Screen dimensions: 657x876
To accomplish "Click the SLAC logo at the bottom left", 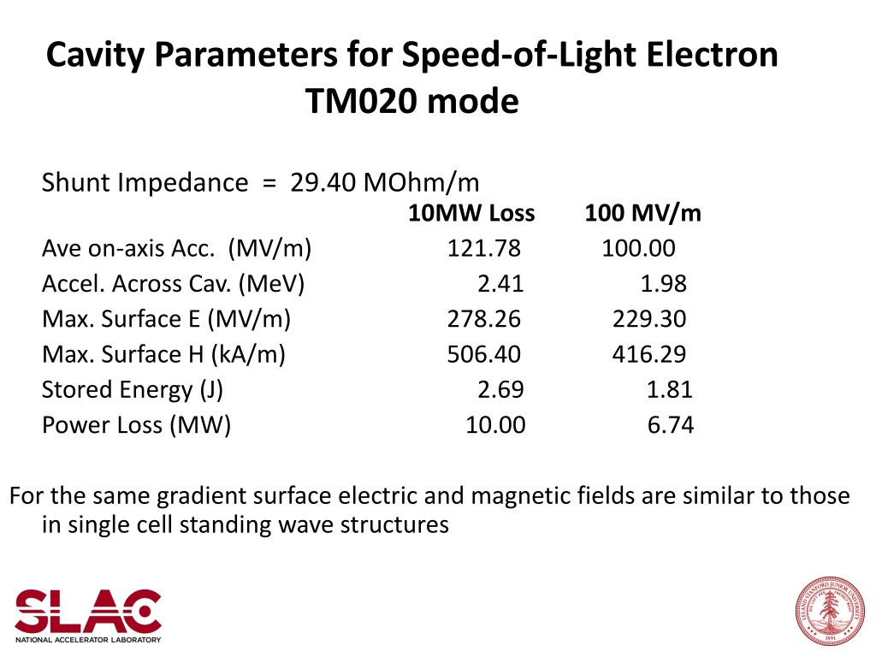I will [87, 614].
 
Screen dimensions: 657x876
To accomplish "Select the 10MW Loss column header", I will [471, 214].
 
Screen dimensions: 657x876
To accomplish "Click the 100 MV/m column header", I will [642, 214].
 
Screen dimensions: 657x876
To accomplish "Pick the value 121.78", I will [483, 249].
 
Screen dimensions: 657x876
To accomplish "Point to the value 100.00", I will [638, 249].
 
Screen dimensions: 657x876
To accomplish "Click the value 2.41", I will [500, 284].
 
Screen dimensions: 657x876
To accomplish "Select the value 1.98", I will [663, 284].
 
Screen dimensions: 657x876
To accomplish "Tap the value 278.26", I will [483, 320].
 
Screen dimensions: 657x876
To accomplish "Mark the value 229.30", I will [648, 320].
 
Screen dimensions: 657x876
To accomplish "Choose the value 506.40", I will [483, 355].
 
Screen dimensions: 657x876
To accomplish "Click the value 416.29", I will [648, 355].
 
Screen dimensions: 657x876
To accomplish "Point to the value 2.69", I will [500, 390].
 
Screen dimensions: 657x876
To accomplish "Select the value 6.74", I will [670, 425].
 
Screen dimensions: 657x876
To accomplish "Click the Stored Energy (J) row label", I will [133, 390].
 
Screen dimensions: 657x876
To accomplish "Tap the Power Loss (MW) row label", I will [137, 425].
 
